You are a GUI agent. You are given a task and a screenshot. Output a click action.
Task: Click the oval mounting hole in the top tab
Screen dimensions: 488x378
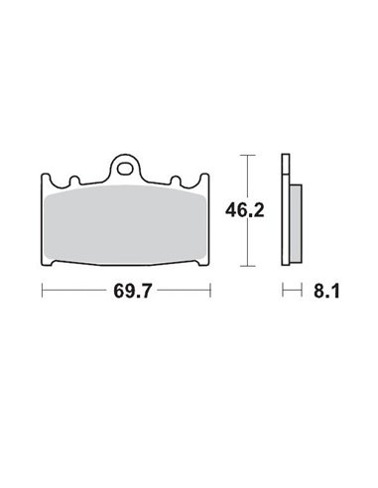pyautogui.click(x=126, y=168)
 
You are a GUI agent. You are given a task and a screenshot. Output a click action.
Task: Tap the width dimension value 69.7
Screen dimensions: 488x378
pyautogui.click(x=125, y=295)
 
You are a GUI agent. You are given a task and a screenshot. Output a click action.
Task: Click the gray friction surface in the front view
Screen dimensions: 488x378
pyautogui.click(x=125, y=226)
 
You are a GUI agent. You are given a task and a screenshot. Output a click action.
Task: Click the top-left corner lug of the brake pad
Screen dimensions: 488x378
pyautogui.click(x=46, y=181)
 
